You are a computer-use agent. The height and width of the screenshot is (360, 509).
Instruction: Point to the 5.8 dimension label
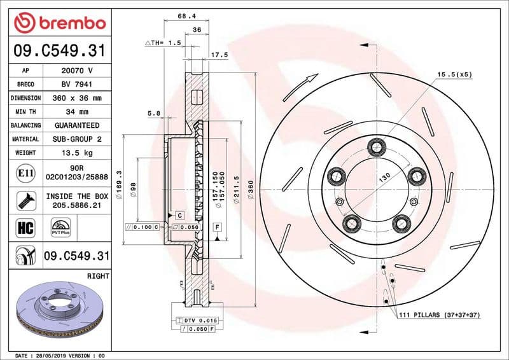tap(153, 114)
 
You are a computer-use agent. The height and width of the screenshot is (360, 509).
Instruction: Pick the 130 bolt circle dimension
tap(384, 178)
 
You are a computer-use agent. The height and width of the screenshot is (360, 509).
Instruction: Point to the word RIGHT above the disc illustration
tap(97, 277)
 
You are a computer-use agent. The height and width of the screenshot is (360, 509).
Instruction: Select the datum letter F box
tap(217, 226)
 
